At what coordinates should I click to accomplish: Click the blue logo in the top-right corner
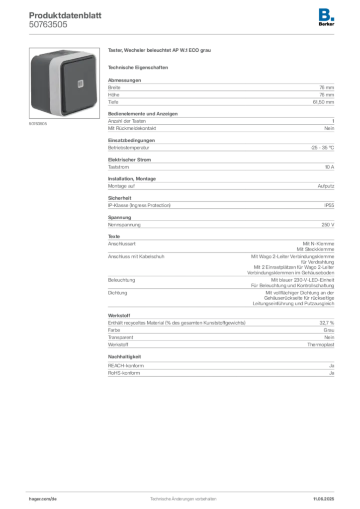tap(327, 13)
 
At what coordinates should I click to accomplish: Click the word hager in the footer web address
tap(36, 498)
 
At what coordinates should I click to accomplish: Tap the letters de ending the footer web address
tap(54, 498)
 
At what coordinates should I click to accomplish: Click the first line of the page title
tap(65, 13)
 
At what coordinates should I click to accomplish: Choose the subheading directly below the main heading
tap(139, 67)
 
